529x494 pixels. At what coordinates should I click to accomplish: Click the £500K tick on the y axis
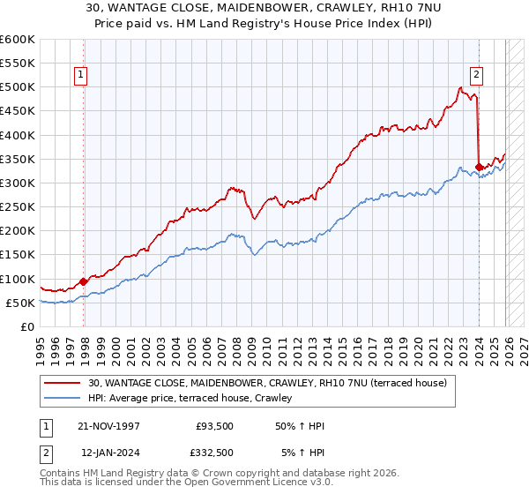[x=18, y=87]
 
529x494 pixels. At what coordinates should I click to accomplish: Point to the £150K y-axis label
[x=18, y=255]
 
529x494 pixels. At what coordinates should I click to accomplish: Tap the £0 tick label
[x=26, y=326]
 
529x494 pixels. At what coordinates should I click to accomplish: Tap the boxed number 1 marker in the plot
[x=81, y=76]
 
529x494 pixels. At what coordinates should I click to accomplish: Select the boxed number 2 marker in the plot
[x=476, y=76]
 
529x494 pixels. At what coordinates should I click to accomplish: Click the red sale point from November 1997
[x=84, y=282]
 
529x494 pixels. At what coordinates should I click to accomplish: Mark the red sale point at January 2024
[x=479, y=167]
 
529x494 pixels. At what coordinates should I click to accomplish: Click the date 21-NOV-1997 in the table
[x=108, y=426]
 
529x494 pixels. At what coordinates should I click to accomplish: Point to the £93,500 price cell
[x=212, y=426]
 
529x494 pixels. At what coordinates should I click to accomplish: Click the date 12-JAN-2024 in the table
[x=108, y=453]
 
